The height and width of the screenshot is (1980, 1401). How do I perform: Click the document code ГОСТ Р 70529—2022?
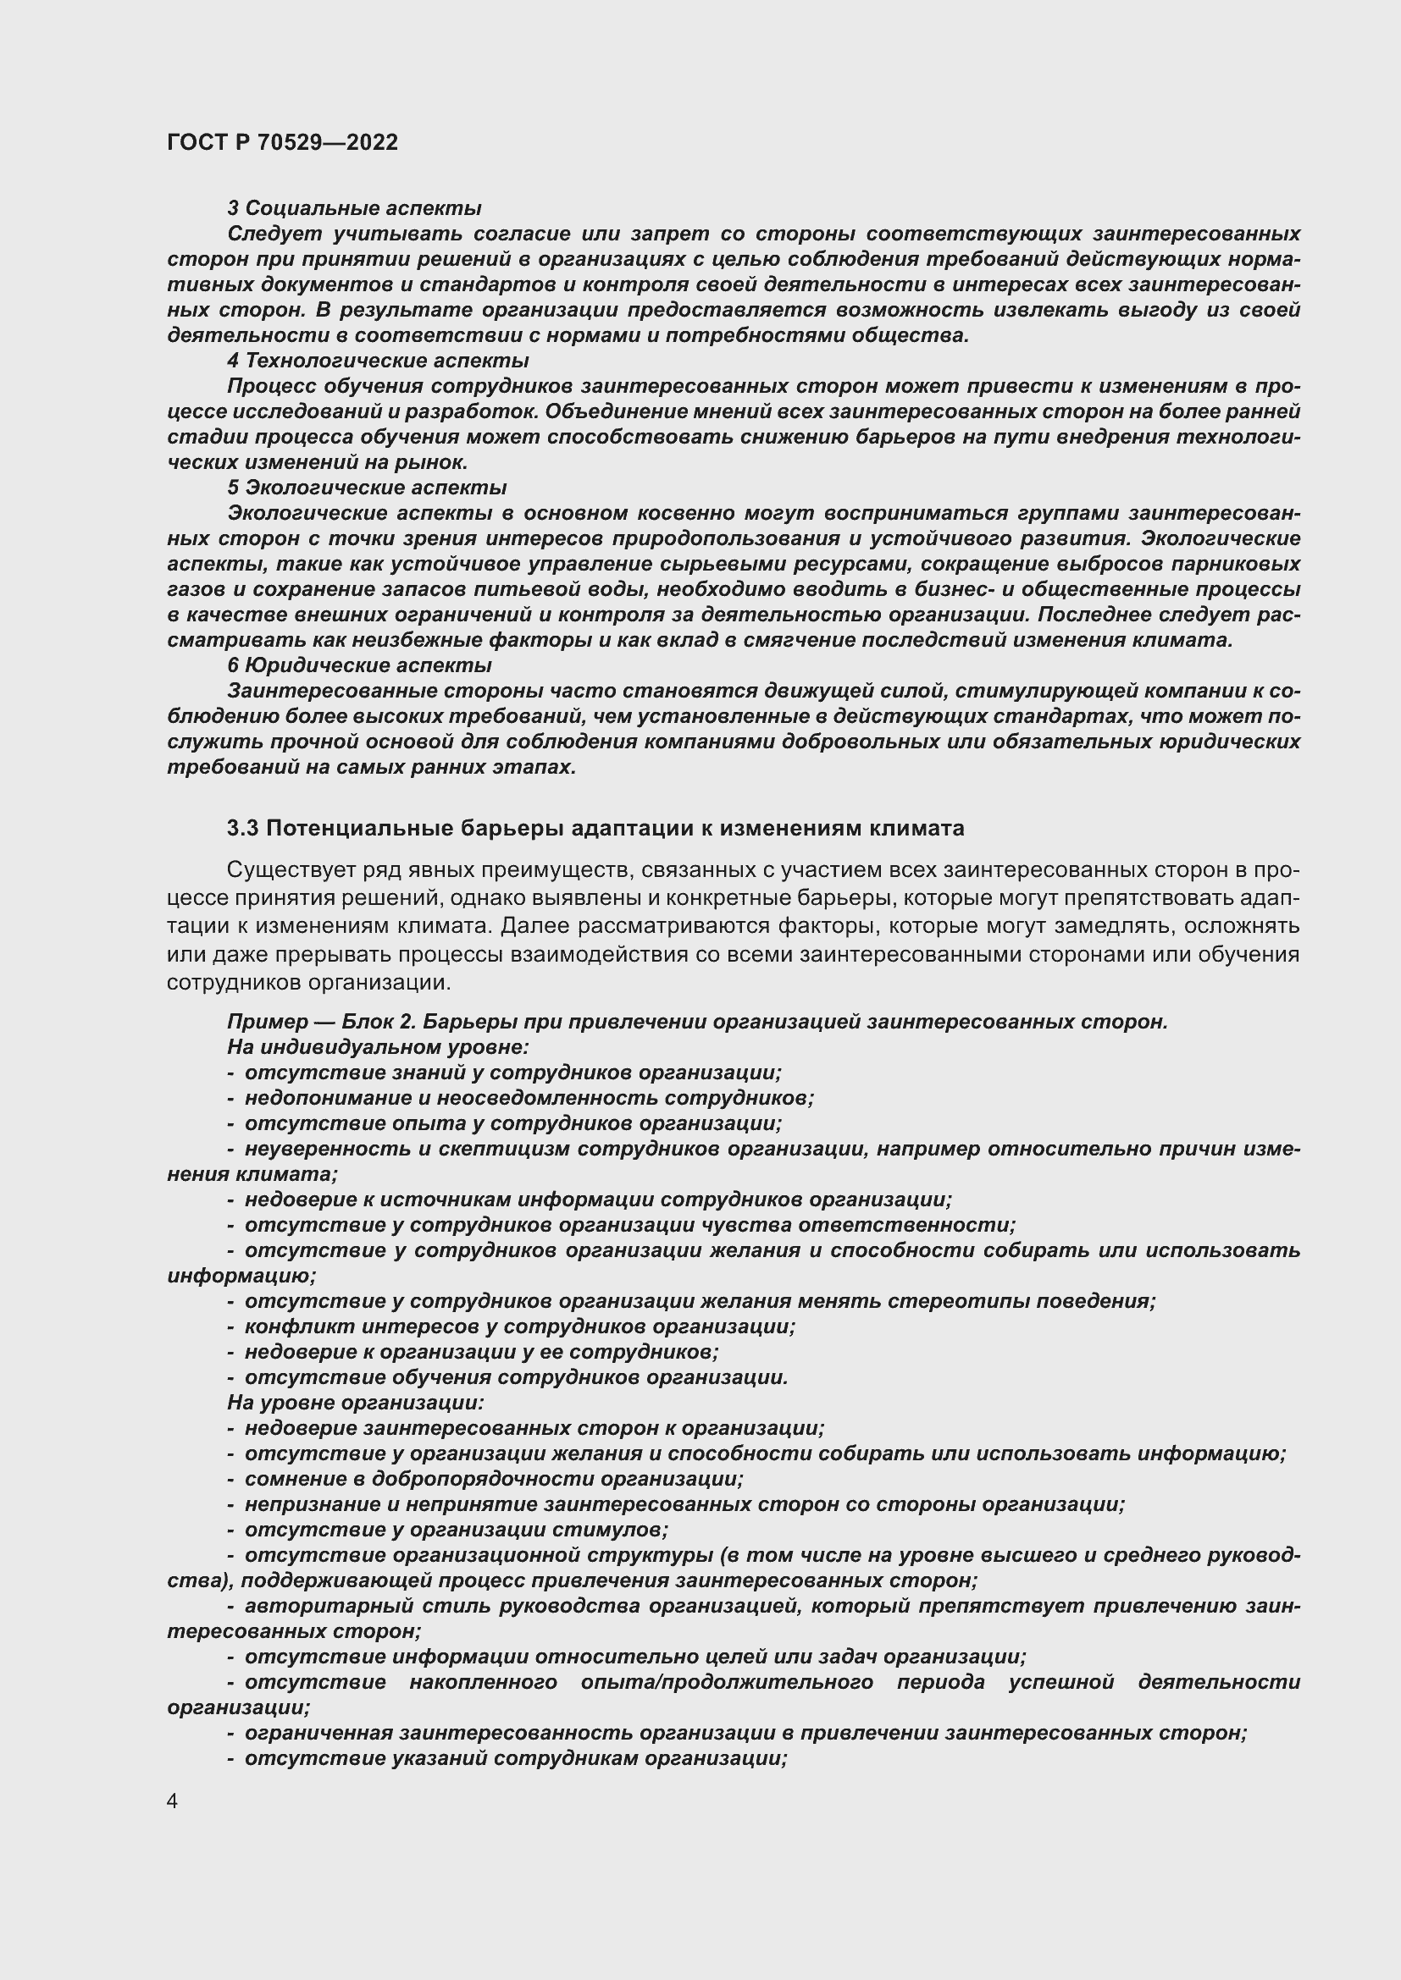(x=282, y=142)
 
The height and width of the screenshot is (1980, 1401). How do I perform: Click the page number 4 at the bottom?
(x=173, y=1801)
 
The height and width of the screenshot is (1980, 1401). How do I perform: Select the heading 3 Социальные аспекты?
(x=354, y=208)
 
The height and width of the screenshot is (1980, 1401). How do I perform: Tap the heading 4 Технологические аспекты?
(x=378, y=361)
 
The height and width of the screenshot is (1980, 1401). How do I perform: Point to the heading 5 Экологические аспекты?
(x=367, y=488)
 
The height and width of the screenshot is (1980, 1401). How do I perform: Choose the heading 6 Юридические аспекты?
(x=359, y=665)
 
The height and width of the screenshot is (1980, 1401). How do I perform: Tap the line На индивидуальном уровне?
(x=378, y=1047)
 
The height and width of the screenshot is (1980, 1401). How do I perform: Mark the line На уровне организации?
(x=356, y=1402)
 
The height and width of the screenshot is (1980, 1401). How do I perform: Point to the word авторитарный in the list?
(x=321, y=1606)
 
